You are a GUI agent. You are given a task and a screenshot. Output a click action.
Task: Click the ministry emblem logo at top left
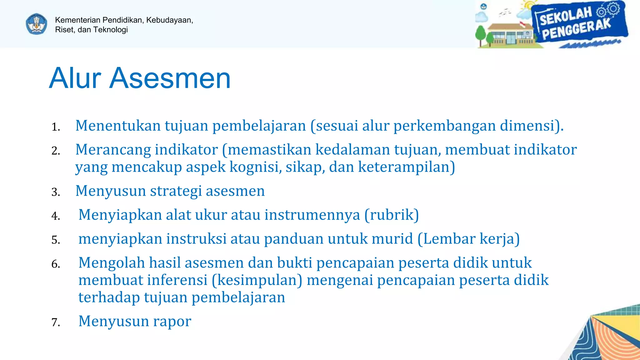tap(37, 24)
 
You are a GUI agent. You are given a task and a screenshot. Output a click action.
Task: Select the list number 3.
tap(56, 192)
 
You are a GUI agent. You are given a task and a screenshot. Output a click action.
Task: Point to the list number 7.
tap(56, 322)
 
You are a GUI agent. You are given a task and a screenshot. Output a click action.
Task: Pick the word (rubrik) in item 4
tap(392, 215)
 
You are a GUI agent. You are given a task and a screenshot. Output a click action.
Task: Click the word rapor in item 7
tap(172, 321)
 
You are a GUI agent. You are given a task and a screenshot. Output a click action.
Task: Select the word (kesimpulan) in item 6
tap(257, 280)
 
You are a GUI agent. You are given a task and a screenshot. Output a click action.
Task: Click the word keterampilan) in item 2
tap(406, 167)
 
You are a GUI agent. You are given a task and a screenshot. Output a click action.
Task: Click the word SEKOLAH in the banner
tap(566, 16)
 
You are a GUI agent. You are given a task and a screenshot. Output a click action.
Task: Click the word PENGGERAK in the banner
tap(576, 30)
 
